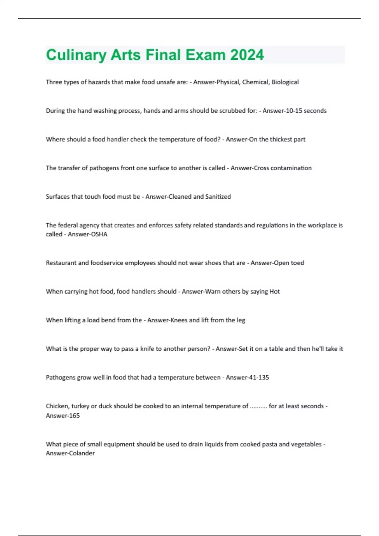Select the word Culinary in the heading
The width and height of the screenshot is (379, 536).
tap(76, 55)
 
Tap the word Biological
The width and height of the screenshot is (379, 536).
tap(285, 82)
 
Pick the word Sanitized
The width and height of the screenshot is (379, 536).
tap(218, 197)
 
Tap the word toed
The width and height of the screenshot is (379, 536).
tap(297, 263)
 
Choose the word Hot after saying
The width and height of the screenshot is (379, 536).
tap(274, 292)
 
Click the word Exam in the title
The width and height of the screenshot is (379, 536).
tap(205, 55)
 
